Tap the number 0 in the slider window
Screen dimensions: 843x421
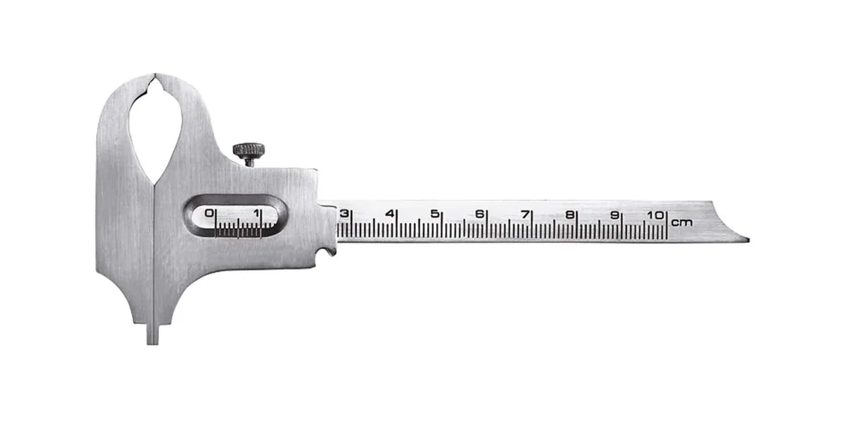(210, 214)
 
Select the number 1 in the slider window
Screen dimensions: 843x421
(256, 214)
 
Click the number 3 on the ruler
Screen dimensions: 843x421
(345, 214)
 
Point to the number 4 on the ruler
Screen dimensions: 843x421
(390, 214)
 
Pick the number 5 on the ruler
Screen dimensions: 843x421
(435, 214)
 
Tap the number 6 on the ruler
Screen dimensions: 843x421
(480, 214)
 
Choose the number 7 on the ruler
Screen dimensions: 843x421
(525, 214)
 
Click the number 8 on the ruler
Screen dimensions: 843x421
(569, 214)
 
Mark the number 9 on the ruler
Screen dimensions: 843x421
(615, 214)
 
